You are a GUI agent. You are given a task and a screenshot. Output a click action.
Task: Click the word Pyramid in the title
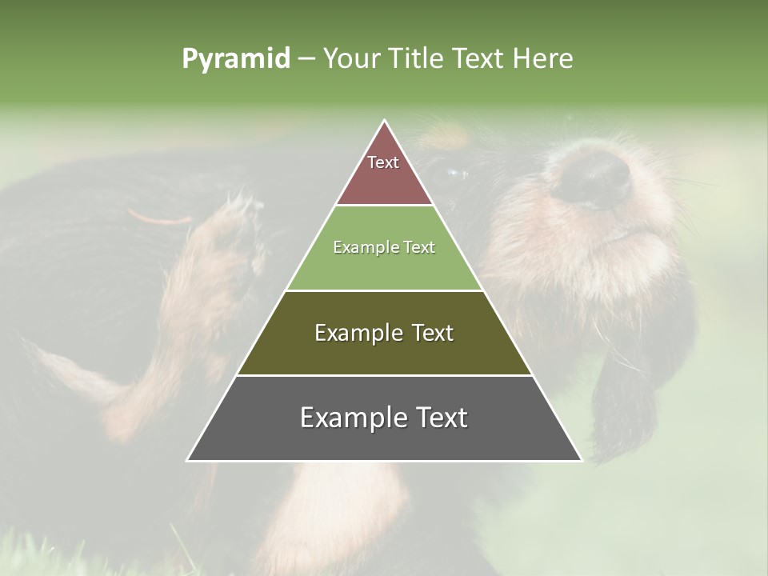point(236,59)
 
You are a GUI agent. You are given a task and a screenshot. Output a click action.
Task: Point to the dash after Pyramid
point(306,59)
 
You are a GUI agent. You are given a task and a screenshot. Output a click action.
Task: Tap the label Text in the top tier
point(383,162)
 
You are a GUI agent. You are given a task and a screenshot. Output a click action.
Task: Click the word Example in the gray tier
point(350,418)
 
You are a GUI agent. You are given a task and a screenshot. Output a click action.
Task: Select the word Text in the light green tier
point(419,248)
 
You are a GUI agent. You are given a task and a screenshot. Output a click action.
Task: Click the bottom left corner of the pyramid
point(187,460)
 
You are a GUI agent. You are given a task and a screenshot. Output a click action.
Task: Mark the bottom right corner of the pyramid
point(582,460)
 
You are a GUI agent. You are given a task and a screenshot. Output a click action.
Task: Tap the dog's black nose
point(593,177)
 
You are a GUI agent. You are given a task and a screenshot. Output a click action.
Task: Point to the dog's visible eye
point(457,171)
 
